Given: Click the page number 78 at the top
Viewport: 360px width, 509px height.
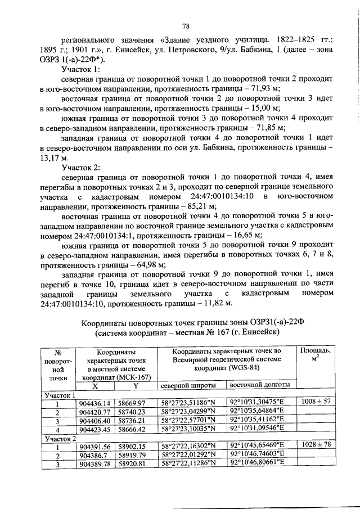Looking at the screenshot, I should pos(185,25).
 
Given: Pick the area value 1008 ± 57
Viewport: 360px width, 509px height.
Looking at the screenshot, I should pos(316,403).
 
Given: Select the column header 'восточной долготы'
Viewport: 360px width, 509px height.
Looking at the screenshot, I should pos(260,385).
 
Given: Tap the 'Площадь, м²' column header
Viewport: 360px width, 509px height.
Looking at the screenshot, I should pos(316,354).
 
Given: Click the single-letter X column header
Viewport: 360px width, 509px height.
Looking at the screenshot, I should pos(96,386).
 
